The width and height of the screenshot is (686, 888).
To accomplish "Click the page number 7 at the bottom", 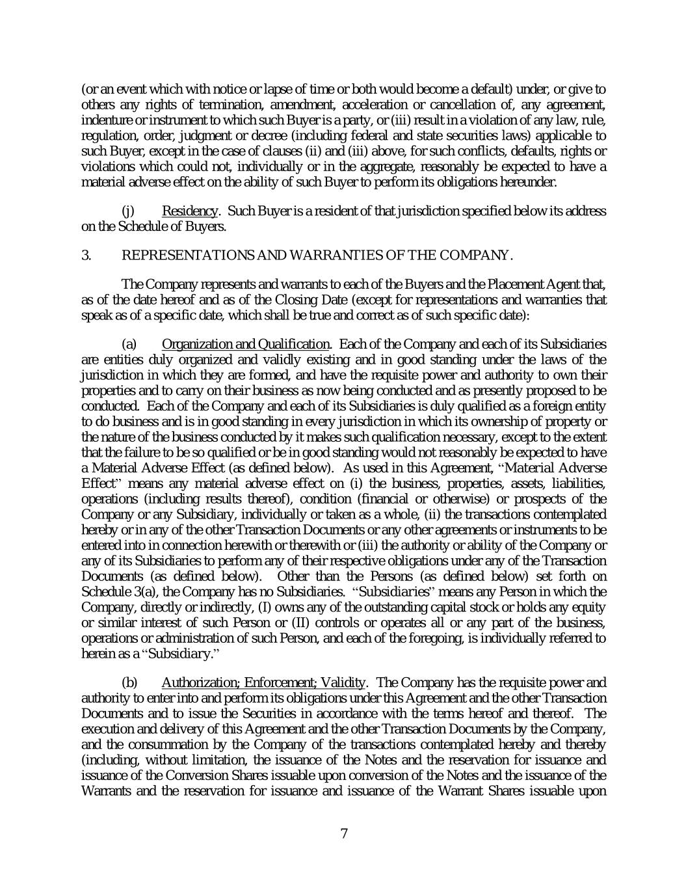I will [x=344, y=834].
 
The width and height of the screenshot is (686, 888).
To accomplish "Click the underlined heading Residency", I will [x=189, y=211].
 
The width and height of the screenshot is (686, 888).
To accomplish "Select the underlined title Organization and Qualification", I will [x=245, y=344].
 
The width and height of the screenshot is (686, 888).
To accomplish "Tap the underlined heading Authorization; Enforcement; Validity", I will [x=263, y=682].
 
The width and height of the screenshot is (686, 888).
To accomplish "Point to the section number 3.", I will [x=86, y=256].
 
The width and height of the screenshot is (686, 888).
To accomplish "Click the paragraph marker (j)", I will [x=128, y=211].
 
